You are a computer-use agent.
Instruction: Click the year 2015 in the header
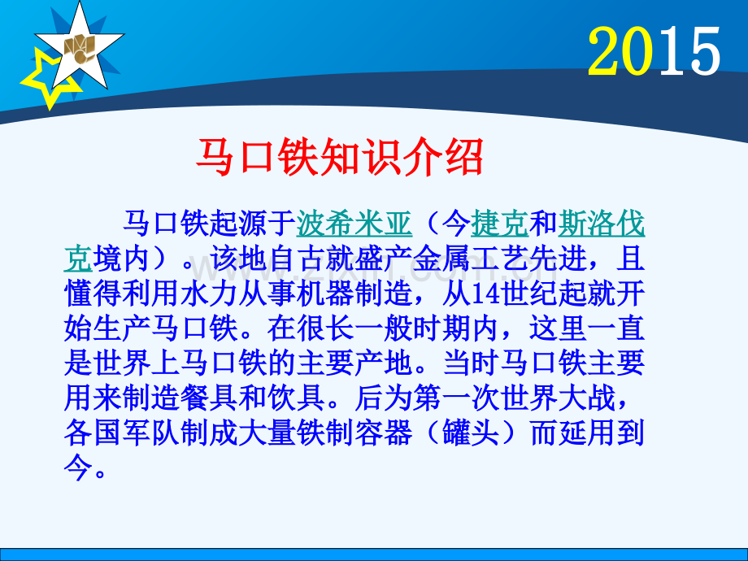(x=654, y=51)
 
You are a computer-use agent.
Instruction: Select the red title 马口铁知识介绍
(x=340, y=157)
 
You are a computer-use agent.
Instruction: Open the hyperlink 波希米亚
(x=354, y=224)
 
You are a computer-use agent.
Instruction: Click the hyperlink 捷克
(x=499, y=224)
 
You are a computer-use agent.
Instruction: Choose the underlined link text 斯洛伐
(x=601, y=224)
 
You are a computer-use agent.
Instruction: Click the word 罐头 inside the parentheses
(x=471, y=433)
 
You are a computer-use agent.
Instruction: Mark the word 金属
(x=441, y=259)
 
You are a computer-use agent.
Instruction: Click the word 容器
(x=383, y=433)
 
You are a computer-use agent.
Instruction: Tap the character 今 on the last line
(x=78, y=467)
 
